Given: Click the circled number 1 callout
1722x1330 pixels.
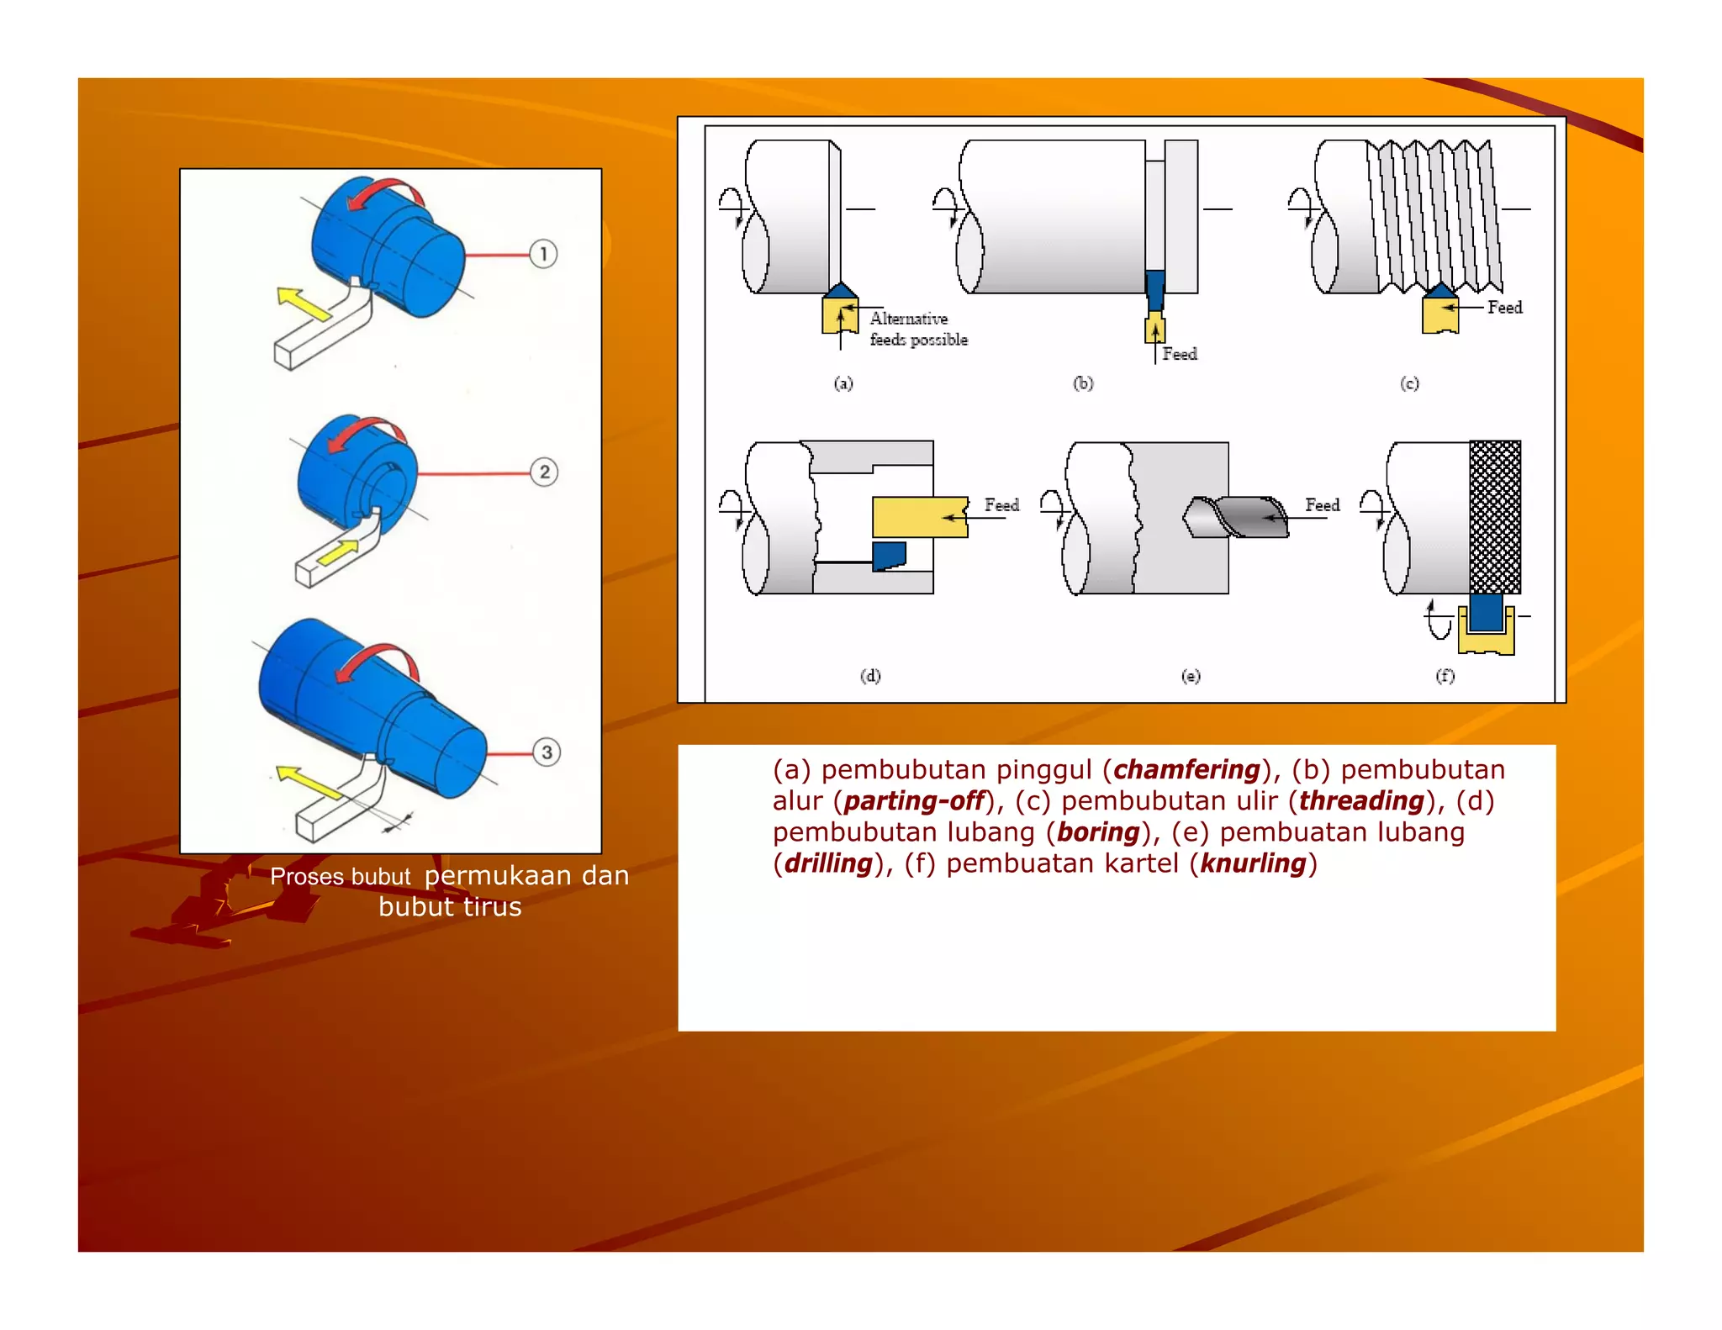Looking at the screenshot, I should tap(543, 254).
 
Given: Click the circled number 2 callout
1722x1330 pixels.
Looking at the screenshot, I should tap(544, 472).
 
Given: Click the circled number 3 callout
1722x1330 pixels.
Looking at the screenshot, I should tap(547, 752).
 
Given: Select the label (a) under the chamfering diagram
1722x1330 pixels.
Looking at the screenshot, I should tap(843, 383).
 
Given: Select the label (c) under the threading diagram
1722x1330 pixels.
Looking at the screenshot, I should tap(1409, 383).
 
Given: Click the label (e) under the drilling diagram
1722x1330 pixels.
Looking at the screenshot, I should tap(1191, 676).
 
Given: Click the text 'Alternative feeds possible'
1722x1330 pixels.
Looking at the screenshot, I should tap(918, 329).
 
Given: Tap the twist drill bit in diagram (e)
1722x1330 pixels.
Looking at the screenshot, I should tap(1236, 517).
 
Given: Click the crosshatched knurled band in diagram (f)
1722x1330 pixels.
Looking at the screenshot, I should tap(1495, 517).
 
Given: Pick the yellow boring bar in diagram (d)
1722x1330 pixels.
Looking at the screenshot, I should tap(919, 517).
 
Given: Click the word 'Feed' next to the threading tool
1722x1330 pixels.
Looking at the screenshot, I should tap(1504, 308).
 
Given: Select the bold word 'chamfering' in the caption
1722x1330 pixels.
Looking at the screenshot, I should tap(1186, 769).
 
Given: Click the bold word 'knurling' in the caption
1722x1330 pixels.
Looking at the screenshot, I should tap(1253, 863).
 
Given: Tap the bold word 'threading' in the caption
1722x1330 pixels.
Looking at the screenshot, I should tap(1361, 800).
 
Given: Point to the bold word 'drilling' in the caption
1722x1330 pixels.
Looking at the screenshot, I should tap(828, 863).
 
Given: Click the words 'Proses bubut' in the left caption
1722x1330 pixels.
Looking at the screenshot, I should tap(341, 877).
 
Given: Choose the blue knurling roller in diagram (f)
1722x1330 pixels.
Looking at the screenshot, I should tap(1486, 613).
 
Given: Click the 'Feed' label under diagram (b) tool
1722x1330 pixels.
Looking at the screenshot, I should tap(1180, 354).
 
